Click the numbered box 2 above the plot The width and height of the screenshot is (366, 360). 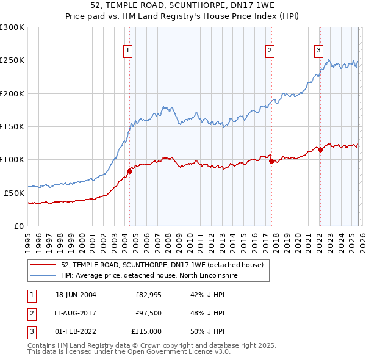point(270,51)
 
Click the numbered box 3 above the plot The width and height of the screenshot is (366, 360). point(318,51)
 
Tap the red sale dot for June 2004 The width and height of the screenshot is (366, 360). point(129,171)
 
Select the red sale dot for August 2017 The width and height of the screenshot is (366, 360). point(271,161)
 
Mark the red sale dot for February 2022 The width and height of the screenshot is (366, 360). point(320,149)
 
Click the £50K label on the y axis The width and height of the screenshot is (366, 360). point(14,193)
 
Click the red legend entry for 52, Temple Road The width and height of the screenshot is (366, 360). point(162,265)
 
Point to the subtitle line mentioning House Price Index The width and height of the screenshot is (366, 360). point(182,16)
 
